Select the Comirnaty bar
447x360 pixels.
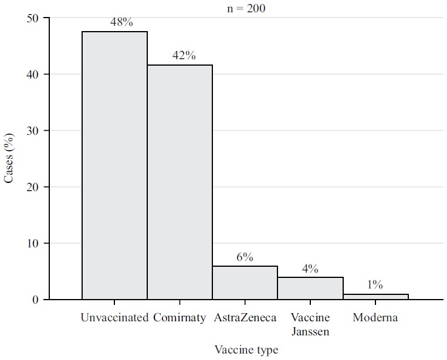(x=180, y=182)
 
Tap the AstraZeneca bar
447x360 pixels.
(x=245, y=283)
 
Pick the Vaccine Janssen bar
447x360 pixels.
(x=310, y=288)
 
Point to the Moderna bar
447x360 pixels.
(x=375, y=296)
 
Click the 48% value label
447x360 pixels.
(x=121, y=23)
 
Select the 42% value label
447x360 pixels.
(x=184, y=56)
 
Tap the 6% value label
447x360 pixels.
(x=245, y=257)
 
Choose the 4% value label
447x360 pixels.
(x=310, y=269)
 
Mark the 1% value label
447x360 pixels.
(x=375, y=285)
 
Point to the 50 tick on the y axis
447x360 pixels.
(x=33, y=18)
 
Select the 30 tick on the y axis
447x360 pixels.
(x=33, y=131)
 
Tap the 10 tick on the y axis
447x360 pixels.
(x=33, y=243)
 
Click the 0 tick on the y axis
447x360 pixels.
(x=37, y=300)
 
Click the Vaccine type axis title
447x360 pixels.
(x=246, y=349)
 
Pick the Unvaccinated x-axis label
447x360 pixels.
(x=114, y=318)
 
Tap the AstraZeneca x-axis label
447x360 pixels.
(x=245, y=318)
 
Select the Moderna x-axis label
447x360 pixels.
(x=375, y=318)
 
